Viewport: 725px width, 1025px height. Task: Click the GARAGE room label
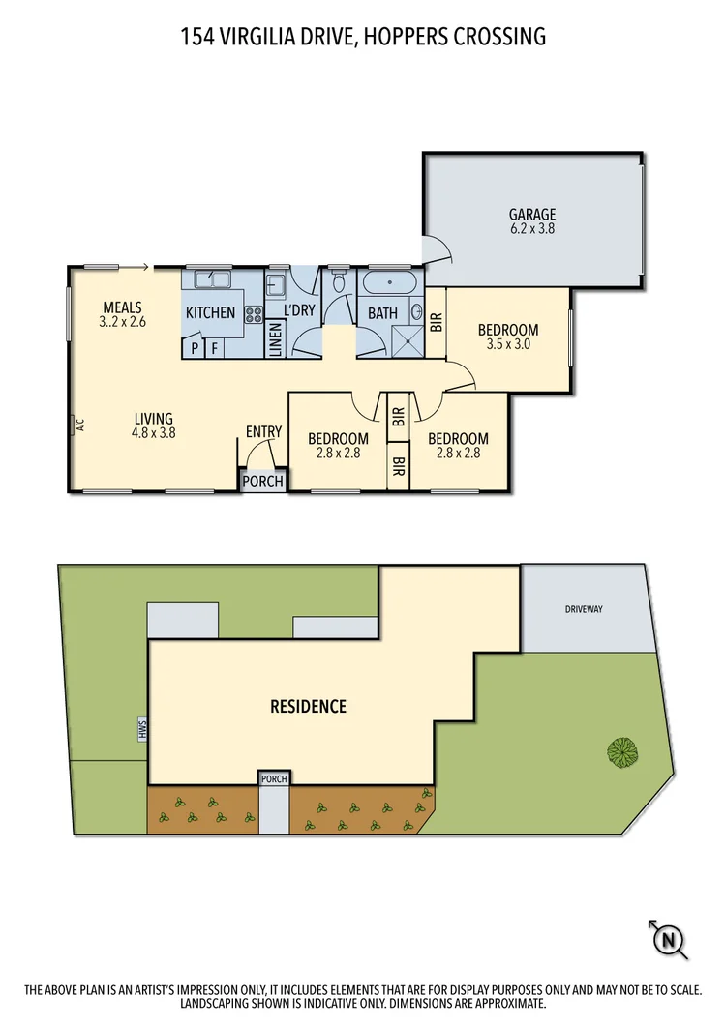(x=532, y=215)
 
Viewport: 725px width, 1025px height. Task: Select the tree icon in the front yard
(x=623, y=749)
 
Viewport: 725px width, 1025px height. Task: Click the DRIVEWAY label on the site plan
(x=584, y=609)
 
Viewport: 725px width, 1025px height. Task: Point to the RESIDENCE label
(x=308, y=706)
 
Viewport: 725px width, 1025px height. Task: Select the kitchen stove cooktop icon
(x=254, y=313)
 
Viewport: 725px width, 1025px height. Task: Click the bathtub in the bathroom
(x=391, y=284)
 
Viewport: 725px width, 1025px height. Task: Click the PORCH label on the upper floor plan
(x=262, y=482)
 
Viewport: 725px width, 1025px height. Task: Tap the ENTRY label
(x=263, y=431)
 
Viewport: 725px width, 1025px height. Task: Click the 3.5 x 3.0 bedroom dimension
(x=507, y=344)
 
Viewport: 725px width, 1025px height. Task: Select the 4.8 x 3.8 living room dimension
(x=153, y=434)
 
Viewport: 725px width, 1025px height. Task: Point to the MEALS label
(x=123, y=307)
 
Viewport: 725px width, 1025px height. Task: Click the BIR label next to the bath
(x=436, y=322)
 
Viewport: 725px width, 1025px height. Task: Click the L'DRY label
(x=299, y=312)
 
